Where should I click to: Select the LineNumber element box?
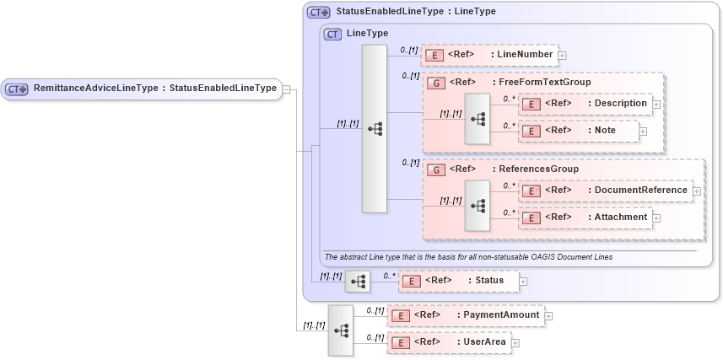(x=489, y=55)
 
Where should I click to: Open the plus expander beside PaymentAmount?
(x=549, y=316)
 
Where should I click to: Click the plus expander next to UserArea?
(x=515, y=343)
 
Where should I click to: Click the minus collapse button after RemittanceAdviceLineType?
(x=287, y=89)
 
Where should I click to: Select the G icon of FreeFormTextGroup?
(x=437, y=83)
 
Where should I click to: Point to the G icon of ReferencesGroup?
(x=437, y=169)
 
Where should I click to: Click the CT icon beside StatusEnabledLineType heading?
(x=318, y=13)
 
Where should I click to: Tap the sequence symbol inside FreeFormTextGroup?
(x=478, y=118)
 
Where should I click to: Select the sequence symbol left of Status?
(x=358, y=281)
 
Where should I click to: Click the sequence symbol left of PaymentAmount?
(x=341, y=330)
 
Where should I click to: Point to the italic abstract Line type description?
(x=468, y=256)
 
